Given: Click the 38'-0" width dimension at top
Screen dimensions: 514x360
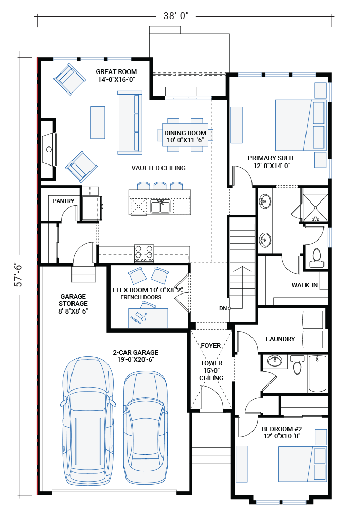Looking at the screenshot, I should click(x=176, y=16).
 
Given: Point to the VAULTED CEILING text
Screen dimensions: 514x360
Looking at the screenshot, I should click(x=158, y=168).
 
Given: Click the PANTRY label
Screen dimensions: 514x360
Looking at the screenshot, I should click(x=63, y=201).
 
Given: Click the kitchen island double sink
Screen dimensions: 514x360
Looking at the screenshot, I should click(x=160, y=206).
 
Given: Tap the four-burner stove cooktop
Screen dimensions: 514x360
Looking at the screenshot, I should click(x=144, y=251).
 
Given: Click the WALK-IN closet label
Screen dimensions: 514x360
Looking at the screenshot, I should click(x=304, y=285).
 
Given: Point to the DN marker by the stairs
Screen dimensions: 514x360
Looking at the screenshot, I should click(x=223, y=308).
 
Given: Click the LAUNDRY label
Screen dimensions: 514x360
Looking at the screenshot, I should click(x=280, y=339).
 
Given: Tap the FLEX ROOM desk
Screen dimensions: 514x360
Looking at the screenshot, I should click(x=148, y=317).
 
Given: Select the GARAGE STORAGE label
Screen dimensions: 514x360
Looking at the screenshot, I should click(x=74, y=304).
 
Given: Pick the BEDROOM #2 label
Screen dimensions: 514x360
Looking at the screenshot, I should click(x=281, y=432).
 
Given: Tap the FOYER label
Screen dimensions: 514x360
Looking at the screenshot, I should click(x=211, y=346).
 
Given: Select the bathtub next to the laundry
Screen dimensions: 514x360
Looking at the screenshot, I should click(x=317, y=373).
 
